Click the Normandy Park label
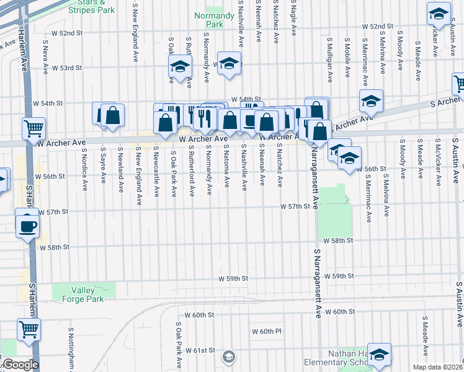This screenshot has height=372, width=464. click(208, 19)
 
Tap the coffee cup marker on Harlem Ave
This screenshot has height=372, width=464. click(29, 226)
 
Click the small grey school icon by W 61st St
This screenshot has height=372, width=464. click(229, 356)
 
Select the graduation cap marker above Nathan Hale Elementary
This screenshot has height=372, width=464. click(379, 353)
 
